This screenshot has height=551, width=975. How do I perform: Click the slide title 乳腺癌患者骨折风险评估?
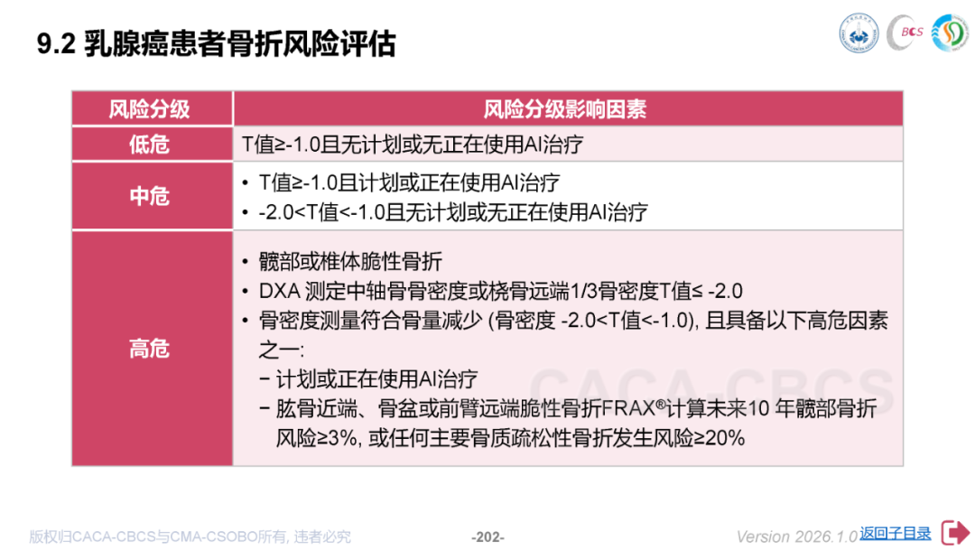pos(239,44)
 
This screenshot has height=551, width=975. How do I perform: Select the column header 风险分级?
pos(149,109)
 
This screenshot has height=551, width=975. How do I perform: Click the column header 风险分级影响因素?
pos(564,109)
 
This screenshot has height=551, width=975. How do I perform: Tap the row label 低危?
pos(149,145)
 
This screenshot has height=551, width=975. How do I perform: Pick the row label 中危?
pos(149,197)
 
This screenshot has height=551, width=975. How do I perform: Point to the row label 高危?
pos(149,349)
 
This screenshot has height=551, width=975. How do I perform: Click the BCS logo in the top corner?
pos(905,33)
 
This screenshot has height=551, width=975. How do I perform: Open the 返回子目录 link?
pos(896,534)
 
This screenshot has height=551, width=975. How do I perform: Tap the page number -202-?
pos(487,537)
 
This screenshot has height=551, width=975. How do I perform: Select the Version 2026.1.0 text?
pos(797,537)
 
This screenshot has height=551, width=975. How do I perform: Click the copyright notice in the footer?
pos(190,537)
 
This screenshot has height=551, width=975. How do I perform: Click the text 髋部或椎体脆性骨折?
pos(350,262)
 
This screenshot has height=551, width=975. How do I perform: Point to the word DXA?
pos(280,291)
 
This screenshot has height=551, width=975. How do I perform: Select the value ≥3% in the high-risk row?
pos(338,438)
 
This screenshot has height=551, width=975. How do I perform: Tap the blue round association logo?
pos(859,33)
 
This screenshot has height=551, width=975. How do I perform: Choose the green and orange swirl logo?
pos(950,33)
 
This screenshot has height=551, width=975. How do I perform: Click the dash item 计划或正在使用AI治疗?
pos(376,379)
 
